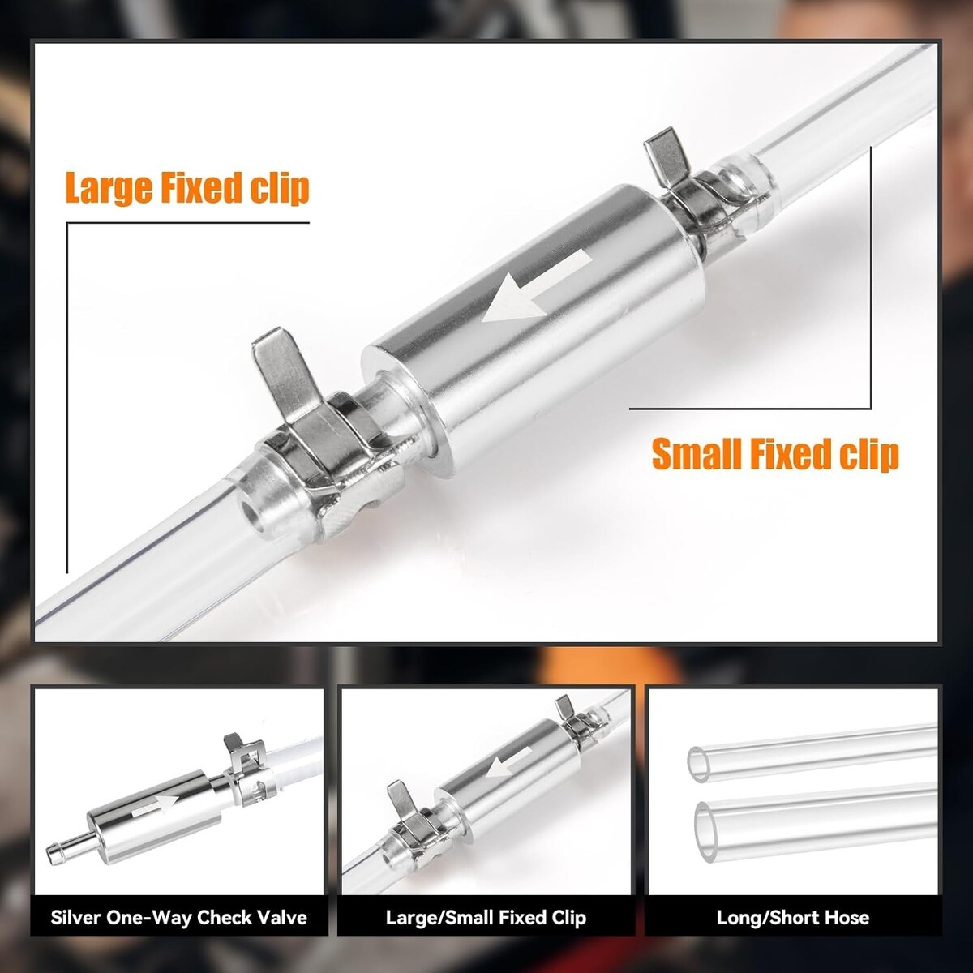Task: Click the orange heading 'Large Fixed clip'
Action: point(187,188)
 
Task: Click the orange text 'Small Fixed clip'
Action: point(776,453)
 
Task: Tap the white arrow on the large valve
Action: point(536,286)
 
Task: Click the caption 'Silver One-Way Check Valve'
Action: point(178,917)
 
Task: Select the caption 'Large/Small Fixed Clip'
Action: point(486,917)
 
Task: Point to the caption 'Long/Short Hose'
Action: point(793,917)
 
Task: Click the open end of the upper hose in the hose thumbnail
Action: point(699,765)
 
